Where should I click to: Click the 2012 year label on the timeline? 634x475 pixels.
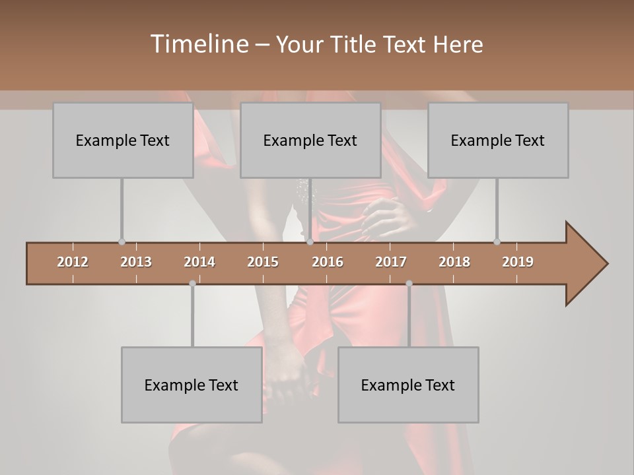[x=73, y=262]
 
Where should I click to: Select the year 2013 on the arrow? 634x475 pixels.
[x=136, y=262]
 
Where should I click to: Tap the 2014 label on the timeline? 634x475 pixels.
[x=199, y=262]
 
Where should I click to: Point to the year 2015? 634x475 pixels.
[x=263, y=262]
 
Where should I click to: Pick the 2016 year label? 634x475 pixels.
[x=328, y=262]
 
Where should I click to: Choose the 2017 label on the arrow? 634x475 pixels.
[x=391, y=262]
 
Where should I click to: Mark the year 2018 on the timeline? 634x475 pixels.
[x=454, y=262]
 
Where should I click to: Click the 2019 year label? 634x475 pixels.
[x=518, y=262]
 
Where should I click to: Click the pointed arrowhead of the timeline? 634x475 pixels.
[x=588, y=263]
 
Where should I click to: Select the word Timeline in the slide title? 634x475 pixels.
[x=199, y=44]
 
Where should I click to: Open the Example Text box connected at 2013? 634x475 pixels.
[x=123, y=140]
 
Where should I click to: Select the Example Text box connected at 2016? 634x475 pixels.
[x=310, y=140]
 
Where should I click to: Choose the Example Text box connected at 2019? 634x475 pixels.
[x=498, y=140]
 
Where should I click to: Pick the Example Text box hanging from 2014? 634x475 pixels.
[x=192, y=385]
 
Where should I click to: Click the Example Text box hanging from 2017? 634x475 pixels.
[x=408, y=385]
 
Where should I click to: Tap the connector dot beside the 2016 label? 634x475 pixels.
[x=310, y=241]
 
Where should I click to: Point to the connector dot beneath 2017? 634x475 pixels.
[x=409, y=283]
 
